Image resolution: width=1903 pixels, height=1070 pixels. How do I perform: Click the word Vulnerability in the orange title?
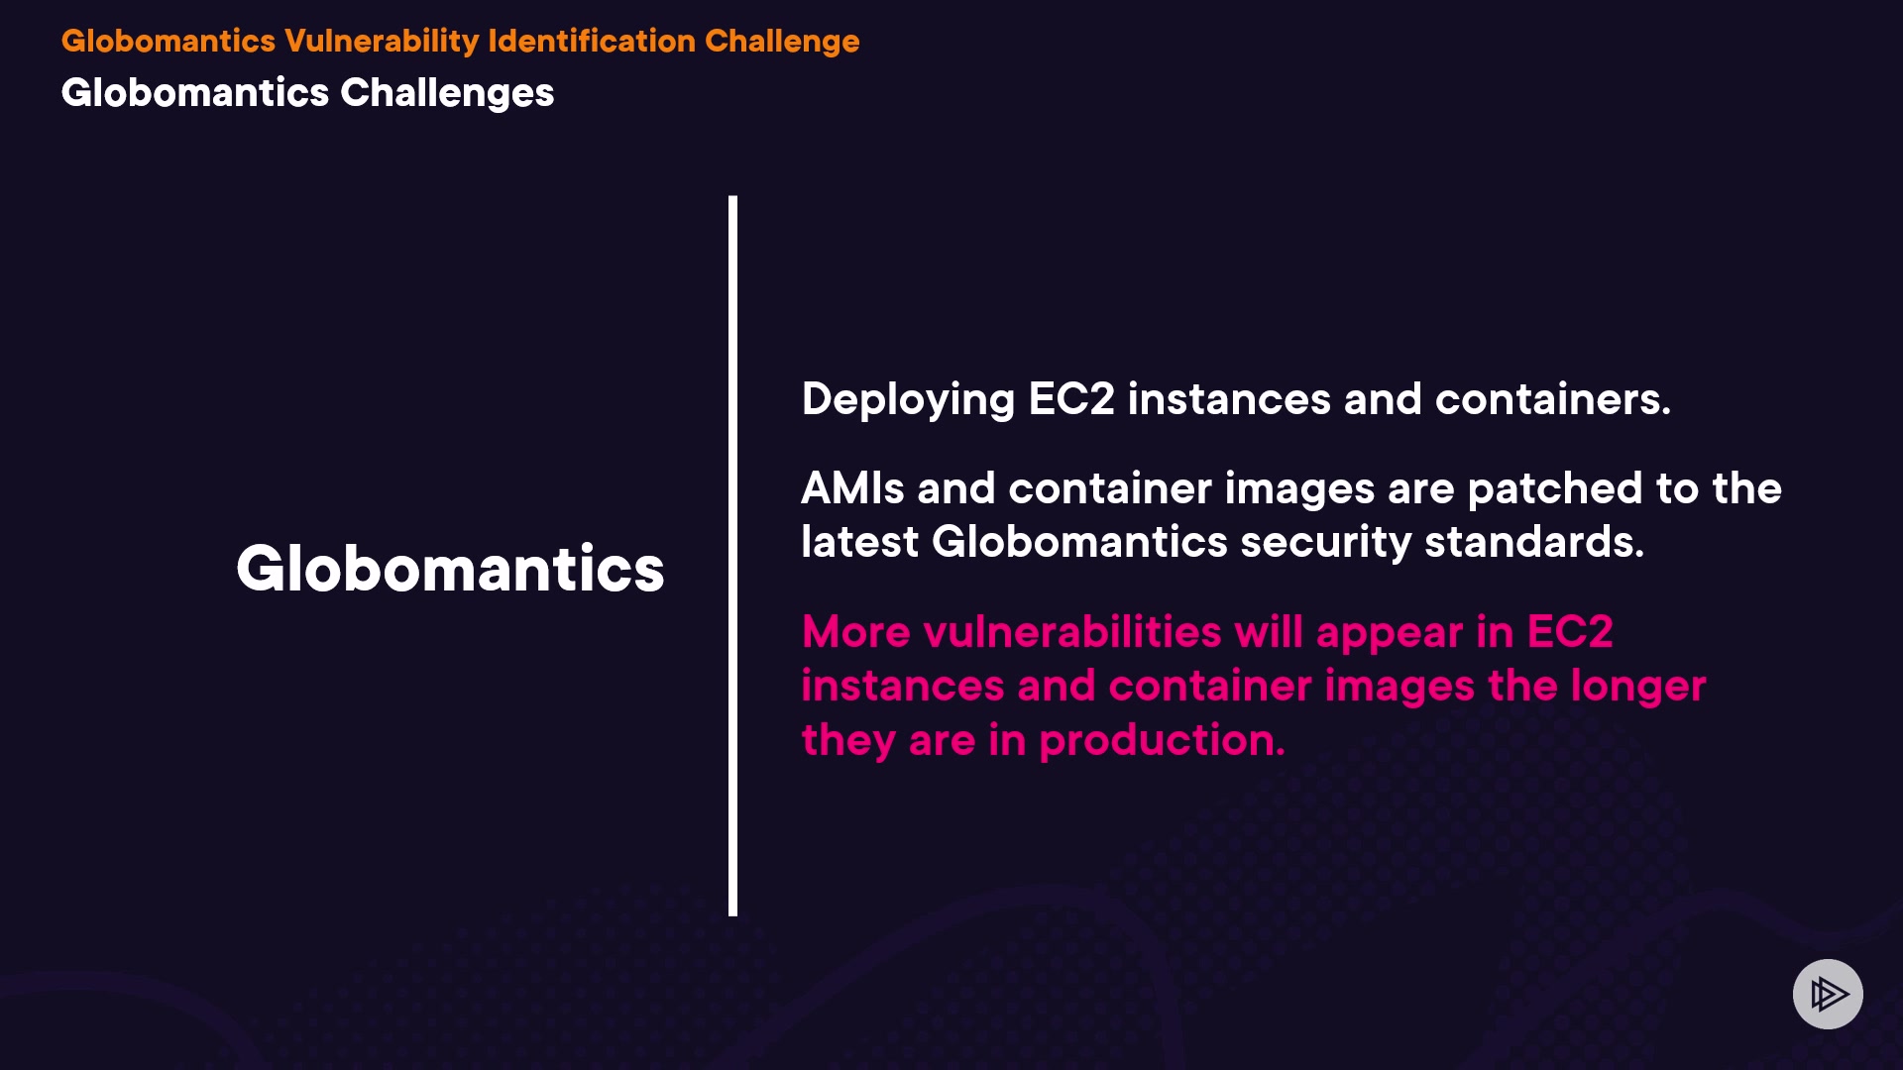pos(382,42)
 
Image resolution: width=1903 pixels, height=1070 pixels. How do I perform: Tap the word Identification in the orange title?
pos(592,41)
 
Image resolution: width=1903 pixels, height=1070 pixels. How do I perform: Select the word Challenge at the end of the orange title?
pos(782,42)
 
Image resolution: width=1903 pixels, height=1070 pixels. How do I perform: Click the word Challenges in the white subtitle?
pos(447,93)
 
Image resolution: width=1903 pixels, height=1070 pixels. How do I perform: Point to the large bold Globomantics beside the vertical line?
pos(450,569)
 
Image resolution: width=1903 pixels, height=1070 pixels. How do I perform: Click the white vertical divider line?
pos(732,556)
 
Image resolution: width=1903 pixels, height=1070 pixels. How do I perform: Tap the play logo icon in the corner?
pos(1828,994)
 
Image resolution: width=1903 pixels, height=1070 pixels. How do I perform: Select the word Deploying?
pos(908,400)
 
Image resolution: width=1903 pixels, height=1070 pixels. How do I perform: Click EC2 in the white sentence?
pos(1071,398)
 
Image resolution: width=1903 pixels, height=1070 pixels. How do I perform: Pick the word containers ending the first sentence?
pos(1552,399)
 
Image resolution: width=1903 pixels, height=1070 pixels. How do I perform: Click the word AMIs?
pos(853,488)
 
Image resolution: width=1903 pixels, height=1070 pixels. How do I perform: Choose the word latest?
pos(860,542)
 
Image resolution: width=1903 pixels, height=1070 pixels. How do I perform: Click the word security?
pos(1326,543)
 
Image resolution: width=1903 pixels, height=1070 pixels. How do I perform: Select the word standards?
pos(1534,542)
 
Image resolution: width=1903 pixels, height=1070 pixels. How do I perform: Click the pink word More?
pos(855,632)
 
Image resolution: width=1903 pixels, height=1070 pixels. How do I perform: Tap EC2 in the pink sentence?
pos(1570,632)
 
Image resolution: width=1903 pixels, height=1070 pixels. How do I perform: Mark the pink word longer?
pos(1638,687)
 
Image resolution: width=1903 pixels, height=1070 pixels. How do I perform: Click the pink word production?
pos(1163,741)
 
